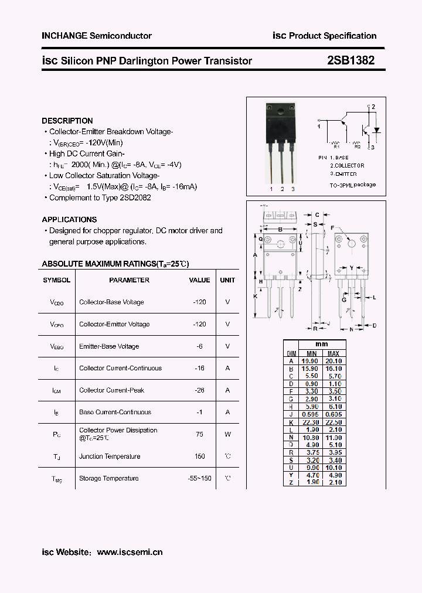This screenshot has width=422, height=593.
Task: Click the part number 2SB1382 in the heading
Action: [351, 60]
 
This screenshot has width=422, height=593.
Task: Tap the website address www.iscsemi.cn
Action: [130, 552]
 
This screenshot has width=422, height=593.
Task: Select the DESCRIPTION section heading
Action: [67, 121]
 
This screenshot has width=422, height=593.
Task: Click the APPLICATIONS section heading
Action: [69, 219]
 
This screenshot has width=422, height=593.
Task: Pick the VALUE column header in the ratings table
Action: [199, 280]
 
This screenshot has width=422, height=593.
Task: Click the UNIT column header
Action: [227, 280]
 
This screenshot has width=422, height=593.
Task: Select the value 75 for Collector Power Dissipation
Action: [200, 434]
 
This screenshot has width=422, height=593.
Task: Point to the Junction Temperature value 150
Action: [200, 456]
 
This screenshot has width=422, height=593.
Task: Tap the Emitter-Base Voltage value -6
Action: [200, 346]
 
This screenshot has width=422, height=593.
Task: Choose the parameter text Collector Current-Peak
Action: [111, 390]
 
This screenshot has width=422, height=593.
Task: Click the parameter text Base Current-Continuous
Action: [115, 413]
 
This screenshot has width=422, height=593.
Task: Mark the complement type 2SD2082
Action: [135, 197]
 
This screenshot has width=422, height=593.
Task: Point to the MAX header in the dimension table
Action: [333, 354]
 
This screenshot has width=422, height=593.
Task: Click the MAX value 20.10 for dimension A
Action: [333, 362]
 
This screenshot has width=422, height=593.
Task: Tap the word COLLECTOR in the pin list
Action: [349, 166]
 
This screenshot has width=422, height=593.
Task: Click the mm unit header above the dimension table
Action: [321, 344]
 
